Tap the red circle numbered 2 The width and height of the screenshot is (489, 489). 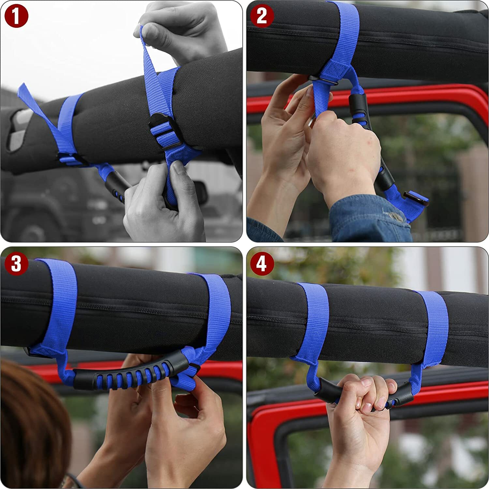(x=262, y=16)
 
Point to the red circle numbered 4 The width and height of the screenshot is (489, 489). (x=262, y=263)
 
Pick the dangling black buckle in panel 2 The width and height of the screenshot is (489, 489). (x=416, y=200)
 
